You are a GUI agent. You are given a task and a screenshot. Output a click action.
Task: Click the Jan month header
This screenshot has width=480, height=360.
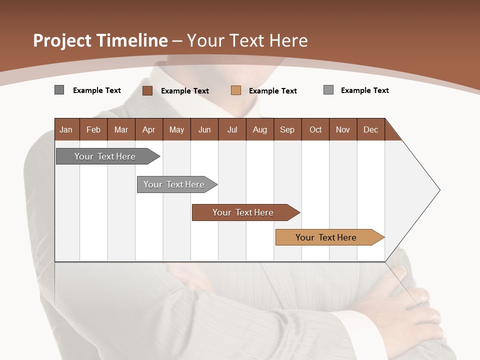coord(66,129)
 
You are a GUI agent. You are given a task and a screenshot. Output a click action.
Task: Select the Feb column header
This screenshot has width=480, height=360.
coord(93,129)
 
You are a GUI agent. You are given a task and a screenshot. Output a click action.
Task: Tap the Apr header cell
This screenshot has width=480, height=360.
coord(148,129)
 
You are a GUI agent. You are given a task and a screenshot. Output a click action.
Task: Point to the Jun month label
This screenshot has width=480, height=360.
coord(204,129)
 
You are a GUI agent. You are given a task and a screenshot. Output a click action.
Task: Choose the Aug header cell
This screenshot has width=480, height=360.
coord(259,129)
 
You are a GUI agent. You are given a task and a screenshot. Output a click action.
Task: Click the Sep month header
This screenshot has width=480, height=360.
coord(287,129)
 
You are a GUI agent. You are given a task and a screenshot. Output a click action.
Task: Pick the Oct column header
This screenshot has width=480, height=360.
coord(315,129)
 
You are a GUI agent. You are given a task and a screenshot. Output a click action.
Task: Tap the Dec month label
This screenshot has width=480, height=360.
coord(370,129)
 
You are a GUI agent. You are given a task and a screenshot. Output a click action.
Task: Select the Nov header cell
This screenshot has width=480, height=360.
coord(343,129)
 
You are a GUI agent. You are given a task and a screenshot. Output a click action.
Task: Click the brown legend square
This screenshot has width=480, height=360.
coord(147,90)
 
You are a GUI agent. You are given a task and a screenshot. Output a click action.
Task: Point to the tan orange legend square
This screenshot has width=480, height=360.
coord(236,90)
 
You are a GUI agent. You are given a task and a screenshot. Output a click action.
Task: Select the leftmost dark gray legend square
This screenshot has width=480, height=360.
coord(59,90)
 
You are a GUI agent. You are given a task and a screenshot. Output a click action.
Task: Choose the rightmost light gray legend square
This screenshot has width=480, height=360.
coord(328,90)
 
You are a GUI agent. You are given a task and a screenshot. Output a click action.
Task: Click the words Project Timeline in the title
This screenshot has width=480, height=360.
coord(100,40)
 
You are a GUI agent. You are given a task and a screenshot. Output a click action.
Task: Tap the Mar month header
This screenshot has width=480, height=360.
coord(121,129)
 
